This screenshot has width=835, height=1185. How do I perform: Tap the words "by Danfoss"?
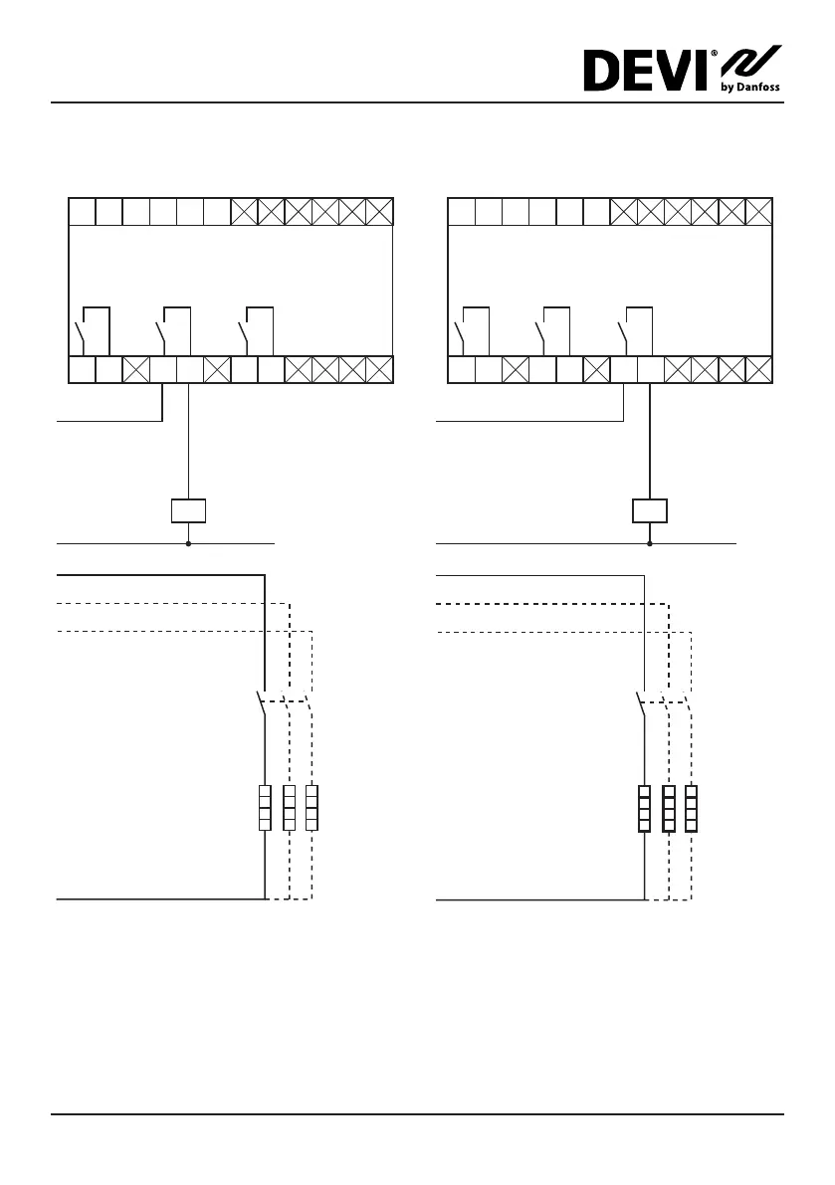(x=749, y=88)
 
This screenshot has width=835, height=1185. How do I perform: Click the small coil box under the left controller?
(x=188, y=511)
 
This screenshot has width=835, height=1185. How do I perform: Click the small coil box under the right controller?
(x=650, y=511)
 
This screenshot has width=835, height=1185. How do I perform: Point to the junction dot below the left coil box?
(x=188, y=544)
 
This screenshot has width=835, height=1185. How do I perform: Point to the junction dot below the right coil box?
(x=650, y=544)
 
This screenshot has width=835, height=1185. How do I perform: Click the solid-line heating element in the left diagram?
(x=265, y=807)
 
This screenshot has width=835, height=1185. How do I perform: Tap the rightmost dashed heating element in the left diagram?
(x=313, y=807)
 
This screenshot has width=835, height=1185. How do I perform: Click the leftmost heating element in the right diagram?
(x=645, y=807)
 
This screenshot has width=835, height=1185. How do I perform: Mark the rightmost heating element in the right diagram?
(x=692, y=807)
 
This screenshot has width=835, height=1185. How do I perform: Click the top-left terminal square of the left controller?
(x=82, y=212)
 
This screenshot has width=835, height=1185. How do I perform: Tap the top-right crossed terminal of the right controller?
(x=758, y=212)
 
